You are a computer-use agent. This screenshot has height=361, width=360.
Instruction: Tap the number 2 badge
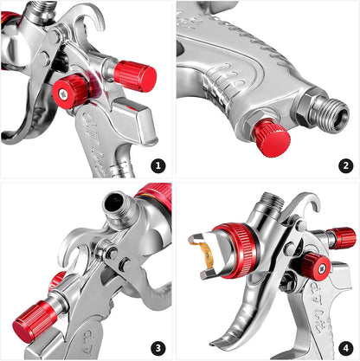345,164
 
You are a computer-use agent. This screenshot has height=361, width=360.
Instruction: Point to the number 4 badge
345,345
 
